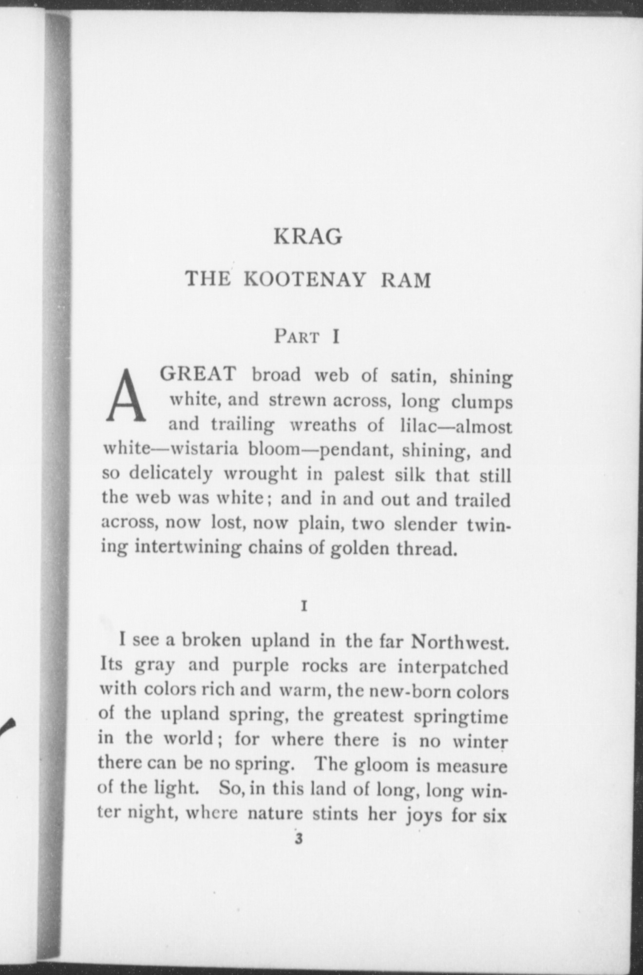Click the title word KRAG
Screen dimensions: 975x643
tap(308, 237)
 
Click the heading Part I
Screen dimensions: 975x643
tap(306, 337)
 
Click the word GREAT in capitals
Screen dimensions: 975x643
tap(198, 374)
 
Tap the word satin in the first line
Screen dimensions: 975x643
tap(414, 377)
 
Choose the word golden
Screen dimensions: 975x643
tap(359, 549)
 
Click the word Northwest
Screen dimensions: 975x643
tap(460, 643)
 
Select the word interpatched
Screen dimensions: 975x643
tap(453, 667)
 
